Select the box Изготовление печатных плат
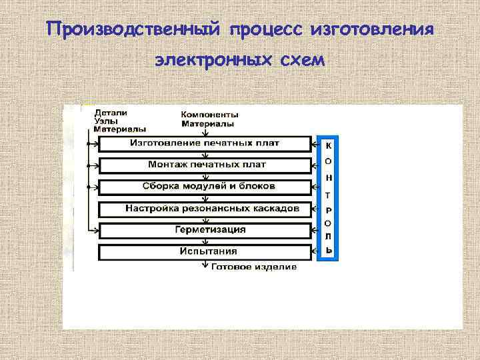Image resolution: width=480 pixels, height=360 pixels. pyautogui.click(x=205, y=143)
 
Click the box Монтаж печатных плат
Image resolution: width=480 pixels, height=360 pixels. pyautogui.click(x=205, y=165)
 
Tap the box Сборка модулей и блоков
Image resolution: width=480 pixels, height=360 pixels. pyautogui.click(x=205, y=186)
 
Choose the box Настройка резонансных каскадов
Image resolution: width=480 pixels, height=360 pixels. pyautogui.click(x=205, y=209)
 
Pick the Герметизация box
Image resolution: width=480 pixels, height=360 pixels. pyautogui.click(x=205, y=230)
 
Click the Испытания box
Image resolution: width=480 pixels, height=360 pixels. pyautogui.click(x=205, y=252)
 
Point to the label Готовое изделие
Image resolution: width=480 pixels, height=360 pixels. pyautogui.click(x=254, y=267)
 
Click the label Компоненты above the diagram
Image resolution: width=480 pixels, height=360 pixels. pyautogui.click(x=210, y=115)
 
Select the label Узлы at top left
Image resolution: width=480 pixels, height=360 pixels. pyautogui.click(x=107, y=121)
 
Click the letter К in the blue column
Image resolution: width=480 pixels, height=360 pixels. pyautogui.click(x=329, y=145)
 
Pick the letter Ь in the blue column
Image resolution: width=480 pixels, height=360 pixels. pyautogui.click(x=329, y=251)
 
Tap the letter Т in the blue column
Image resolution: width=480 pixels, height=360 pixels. pyautogui.click(x=329, y=195)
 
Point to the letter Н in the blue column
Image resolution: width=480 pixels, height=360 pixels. pyautogui.click(x=329, y=179)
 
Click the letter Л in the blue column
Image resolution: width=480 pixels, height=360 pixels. pyautogui.click(x=329, y=236)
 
